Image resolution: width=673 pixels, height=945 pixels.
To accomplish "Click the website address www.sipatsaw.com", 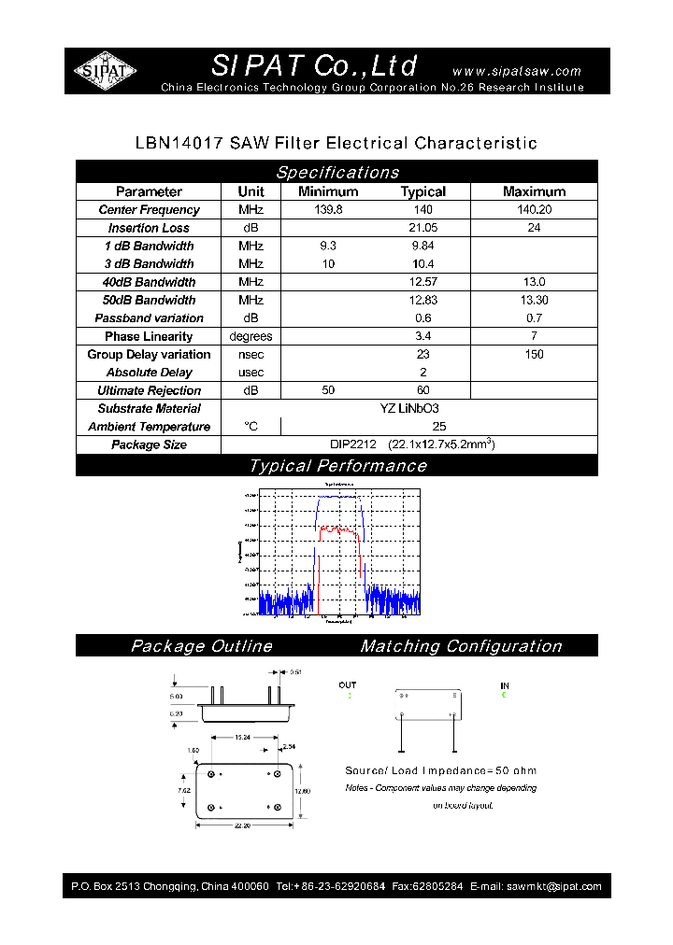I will click(x=516, y=71).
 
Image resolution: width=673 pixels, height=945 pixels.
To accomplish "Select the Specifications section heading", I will click(x=336, y=172).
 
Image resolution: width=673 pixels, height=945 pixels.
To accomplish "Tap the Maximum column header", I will click(x=534, y=191).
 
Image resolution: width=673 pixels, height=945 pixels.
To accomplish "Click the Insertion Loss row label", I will click(x=149, y=228).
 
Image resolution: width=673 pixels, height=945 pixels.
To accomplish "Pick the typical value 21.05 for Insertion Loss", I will click(x=422, y=228).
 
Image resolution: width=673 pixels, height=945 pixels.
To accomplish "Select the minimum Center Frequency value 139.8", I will click(x=328, y=210).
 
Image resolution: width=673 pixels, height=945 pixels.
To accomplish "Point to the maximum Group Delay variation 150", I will click(x=534, y=355).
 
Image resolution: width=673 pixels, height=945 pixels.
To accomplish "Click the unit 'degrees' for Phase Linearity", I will click(x=251, y=336).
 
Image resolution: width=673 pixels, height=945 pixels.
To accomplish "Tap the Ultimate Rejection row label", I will click(x=149, y=390).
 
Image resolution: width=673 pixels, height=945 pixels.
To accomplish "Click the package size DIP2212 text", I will click(x=352, y=444).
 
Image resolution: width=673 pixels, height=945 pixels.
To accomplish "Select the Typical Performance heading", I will click(x=336, y=466).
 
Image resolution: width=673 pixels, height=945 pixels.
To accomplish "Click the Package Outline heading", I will click(x=201, y=646).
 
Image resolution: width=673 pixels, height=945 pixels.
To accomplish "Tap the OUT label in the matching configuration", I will click(x=348, y=685).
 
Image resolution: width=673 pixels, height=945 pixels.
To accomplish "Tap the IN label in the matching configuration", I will click(x=505, y=685).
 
